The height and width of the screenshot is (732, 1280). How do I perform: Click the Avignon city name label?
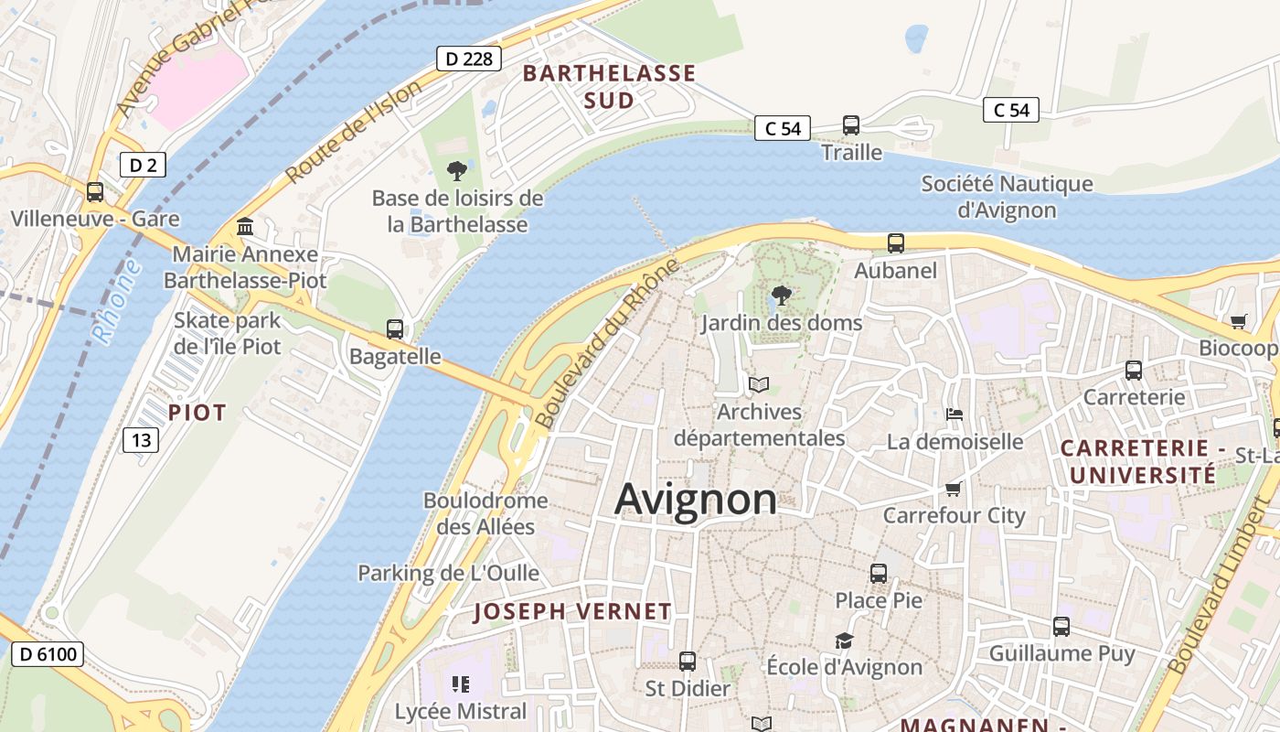[696, 500]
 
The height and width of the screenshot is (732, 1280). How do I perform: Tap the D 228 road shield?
[469, 59]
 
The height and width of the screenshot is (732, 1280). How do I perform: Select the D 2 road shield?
[143, 165]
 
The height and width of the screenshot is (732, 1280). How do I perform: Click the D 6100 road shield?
[48, 654]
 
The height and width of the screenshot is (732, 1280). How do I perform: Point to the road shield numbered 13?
[141, 440]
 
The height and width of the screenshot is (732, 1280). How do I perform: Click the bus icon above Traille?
[851, 125]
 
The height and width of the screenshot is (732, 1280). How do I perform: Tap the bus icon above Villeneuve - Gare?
[95, 192]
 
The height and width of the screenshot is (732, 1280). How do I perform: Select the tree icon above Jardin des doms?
[781, 296]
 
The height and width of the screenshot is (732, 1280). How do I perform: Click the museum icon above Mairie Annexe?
[245, 226]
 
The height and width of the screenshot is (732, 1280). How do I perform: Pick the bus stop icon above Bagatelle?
[395, 329]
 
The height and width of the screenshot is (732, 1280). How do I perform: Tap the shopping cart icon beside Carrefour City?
[954, 489]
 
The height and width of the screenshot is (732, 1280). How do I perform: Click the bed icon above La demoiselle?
[955, 414]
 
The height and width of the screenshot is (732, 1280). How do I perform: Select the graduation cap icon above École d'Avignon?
[844, 640]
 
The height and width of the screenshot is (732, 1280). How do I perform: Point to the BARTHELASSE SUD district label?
[609, 87]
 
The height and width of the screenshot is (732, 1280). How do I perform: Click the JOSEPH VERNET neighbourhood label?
[572, 612]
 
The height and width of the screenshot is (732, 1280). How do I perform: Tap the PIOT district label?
[197, 413]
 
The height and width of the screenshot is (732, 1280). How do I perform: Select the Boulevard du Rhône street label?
[608, 343]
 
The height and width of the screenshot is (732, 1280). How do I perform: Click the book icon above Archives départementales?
[759, 384]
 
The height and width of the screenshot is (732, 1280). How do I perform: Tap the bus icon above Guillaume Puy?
[1061, 627]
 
